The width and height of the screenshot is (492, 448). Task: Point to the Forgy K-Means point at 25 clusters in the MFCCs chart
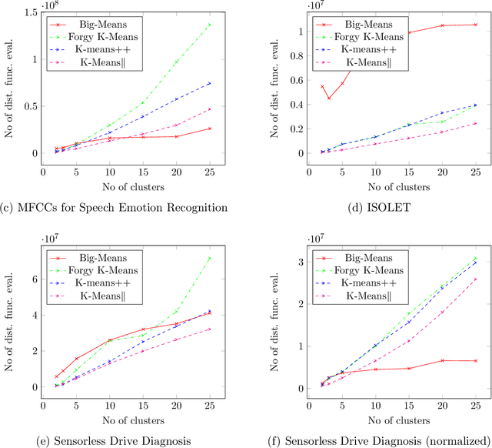click(231, 25)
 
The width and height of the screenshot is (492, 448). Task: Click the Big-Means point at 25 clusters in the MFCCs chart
click(231, 129)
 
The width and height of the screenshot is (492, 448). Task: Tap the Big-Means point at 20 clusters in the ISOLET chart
click(443, 25)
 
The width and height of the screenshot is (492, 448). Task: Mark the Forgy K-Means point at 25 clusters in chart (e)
click(231, 258)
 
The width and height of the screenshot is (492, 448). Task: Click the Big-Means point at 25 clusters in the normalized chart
click(476, 360)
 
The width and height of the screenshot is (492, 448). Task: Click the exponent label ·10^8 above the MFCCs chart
click(50, 5)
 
